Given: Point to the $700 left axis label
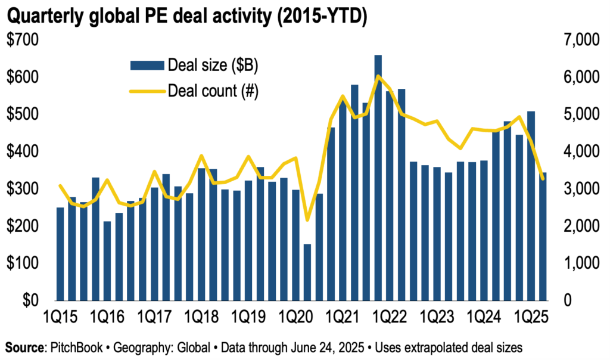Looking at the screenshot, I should [23, 41].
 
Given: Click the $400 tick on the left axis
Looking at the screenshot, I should [23, 152].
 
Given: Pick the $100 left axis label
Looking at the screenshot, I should [23, 263].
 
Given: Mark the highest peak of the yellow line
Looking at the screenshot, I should [378, 76].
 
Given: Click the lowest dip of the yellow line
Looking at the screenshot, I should [307, 220].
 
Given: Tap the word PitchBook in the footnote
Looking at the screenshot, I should [80, 346].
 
